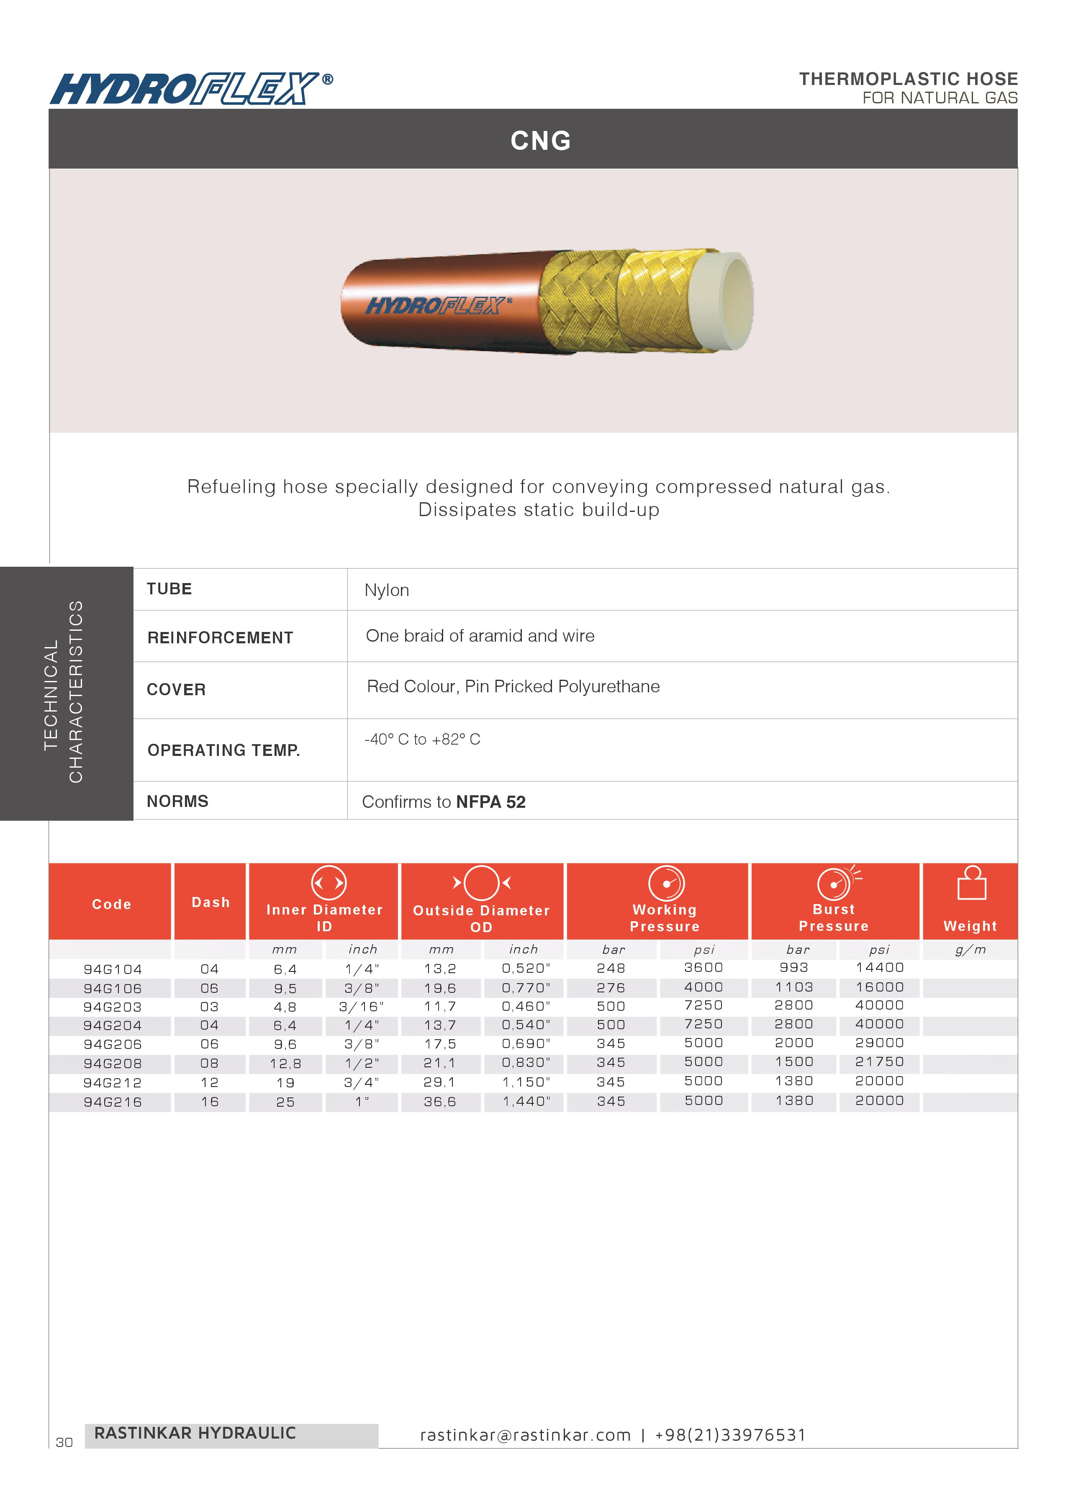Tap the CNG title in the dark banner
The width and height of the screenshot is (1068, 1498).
(541, 141)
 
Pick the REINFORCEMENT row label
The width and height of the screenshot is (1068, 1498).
(220, 638)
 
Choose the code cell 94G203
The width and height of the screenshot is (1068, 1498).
(113, 1007)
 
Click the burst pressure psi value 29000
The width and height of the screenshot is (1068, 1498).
(879, 1043)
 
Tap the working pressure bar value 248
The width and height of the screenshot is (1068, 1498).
(611, 968)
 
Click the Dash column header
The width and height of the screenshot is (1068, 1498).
(211, 902)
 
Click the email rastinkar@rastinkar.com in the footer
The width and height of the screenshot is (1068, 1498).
(526, 1435)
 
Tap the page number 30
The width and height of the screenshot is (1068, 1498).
(64, 1442)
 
